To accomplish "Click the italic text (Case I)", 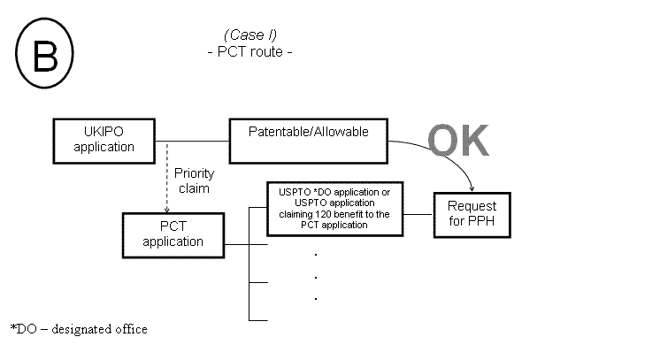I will click(x=249, y=34).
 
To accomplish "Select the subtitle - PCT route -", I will click(x=249, y=51).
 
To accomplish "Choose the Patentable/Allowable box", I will click(x=309, y=140).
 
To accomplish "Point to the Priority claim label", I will click(x=194, y=180).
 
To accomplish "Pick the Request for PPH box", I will click(x=472, y=212).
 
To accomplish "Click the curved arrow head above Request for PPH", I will click(x=472, y=187).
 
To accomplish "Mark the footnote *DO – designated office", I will click(x=79, y=329).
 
